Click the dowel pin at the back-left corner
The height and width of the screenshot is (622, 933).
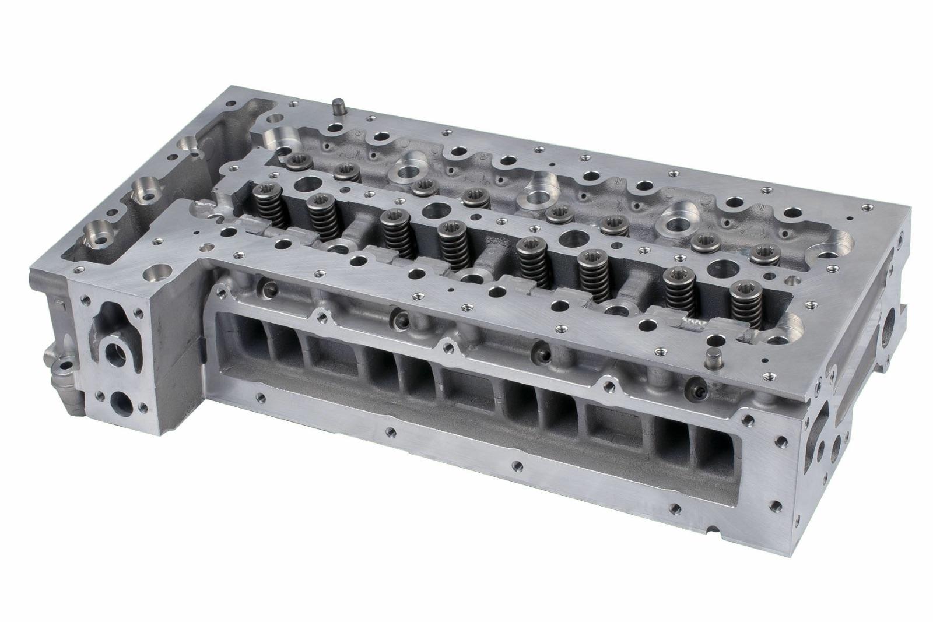pyautogui.click(x=336, y=107)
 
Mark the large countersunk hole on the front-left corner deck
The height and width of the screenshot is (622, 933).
pyautogui.click(x=156, y=272)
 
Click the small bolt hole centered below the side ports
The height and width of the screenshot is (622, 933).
pyautogui.click(x=515, y=466)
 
